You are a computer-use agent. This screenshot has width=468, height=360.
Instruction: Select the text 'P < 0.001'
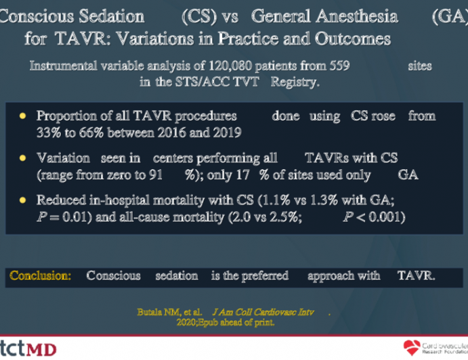pyautogui.click(x=373, y=217)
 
